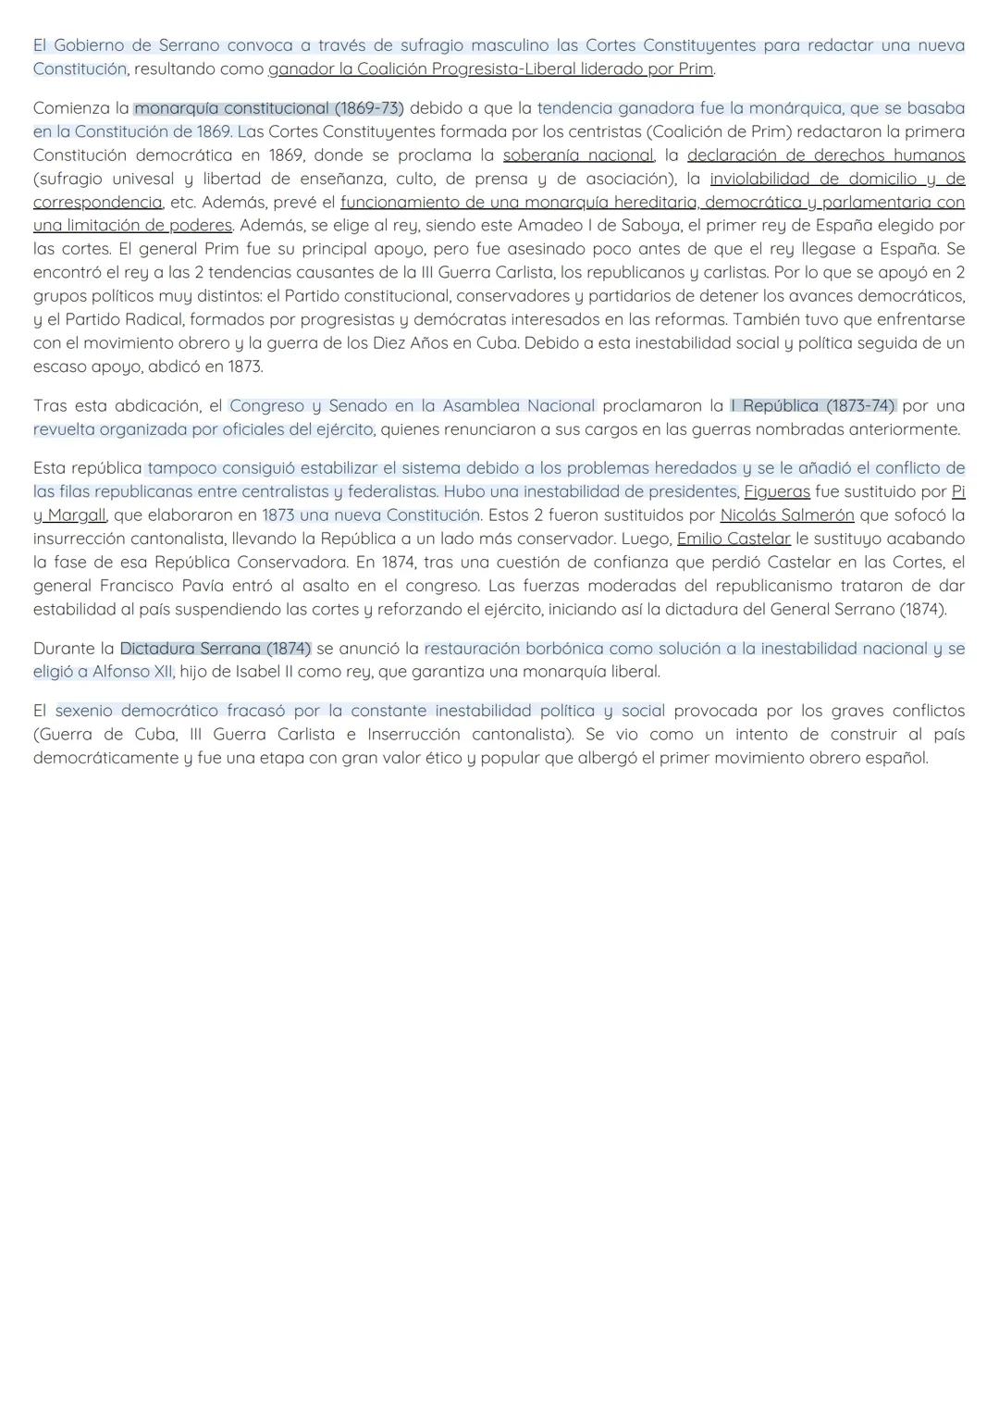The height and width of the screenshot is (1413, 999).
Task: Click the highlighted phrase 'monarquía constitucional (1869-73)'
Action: (x=269, y=108)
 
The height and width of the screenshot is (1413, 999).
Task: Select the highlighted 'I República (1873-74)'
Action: (x=813, y=405)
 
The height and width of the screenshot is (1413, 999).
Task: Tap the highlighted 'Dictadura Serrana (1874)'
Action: (x=216, y=648)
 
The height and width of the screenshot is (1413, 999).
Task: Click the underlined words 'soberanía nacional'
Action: (x=578, y=155)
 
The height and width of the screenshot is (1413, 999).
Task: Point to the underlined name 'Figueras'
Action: (x=777, y=491)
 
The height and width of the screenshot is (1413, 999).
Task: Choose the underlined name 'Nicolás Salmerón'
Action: (x=787, y=514)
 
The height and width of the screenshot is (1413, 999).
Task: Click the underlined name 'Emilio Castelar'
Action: (x=734, y=539)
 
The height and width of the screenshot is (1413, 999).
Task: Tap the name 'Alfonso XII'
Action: (x=132, y=672)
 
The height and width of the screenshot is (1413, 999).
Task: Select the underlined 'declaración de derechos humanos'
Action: (x=825, y=155)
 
